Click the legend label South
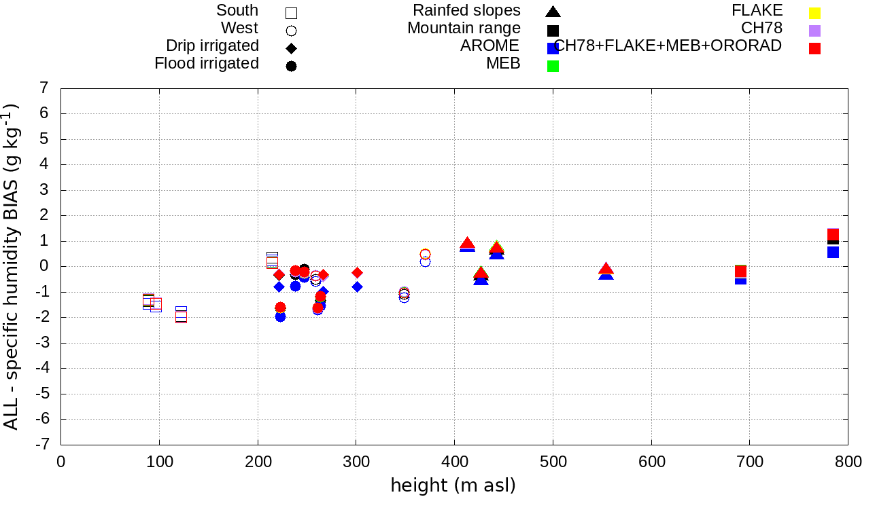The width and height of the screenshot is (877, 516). (x=237, y=11)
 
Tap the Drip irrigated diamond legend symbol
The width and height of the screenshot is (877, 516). (x=291, y=48)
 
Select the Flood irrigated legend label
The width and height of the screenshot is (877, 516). (x=207, y=64)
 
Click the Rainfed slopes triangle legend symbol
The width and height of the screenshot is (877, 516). (x=553, y=12)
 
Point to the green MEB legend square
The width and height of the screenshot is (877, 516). (x=553, y=66)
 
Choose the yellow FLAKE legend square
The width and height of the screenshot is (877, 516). (x=814, y=13)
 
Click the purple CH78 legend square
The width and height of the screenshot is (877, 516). (x=814, y=31)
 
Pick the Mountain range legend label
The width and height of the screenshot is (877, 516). (x=464, y=29)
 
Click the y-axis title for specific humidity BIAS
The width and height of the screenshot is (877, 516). (x=12, y=266)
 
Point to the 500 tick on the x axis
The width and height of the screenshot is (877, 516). (x=553, y=462)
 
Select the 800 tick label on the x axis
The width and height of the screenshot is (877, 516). (x=848, y=462)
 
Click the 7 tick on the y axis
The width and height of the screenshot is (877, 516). (x=44, y=88)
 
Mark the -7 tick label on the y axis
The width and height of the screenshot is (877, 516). (x=41, y=445)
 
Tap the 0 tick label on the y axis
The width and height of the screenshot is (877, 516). (x=44, y=266)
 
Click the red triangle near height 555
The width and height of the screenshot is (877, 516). (x=606, y=269)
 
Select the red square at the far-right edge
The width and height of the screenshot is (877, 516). (x=833, y=235)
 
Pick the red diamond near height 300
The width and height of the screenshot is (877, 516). (x=357, y=272)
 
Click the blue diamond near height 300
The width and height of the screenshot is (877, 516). (x=357, y=287)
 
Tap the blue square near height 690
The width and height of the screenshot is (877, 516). (x=741, y=279)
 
